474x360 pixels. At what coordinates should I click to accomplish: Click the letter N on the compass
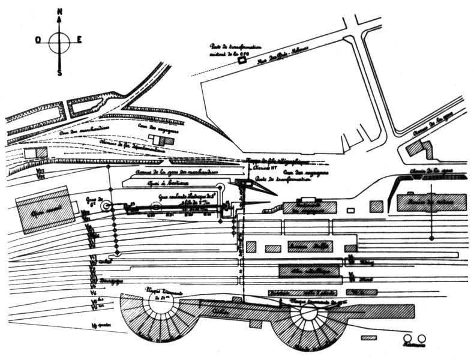[x=59, y=12]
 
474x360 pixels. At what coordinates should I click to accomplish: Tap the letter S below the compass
[x=59, y=72]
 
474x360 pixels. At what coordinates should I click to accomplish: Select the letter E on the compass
[x=79, y=40]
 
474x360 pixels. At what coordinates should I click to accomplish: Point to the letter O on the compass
[x=38, y=40]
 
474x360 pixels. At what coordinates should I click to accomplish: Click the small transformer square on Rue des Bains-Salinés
[x=242, y=59]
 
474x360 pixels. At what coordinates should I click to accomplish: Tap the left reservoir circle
[x=407, y=339]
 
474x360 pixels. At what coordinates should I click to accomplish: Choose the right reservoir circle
[x=421, y=339]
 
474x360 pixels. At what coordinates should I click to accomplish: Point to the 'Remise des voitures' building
[x=431, y=202]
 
